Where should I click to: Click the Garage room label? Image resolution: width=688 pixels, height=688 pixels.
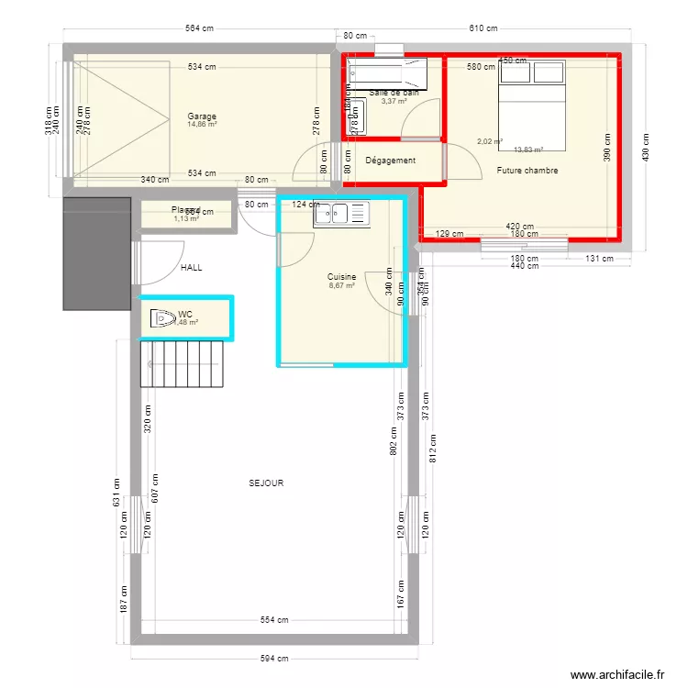[202, 117]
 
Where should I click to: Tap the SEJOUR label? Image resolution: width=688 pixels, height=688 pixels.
[266, 483]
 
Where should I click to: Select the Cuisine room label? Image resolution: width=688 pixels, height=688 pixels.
[341, 276]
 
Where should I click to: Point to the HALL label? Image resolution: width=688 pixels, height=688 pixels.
[191, 268]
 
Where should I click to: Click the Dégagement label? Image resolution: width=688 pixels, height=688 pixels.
[390, 161]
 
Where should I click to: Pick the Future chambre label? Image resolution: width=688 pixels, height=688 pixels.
[527, 171]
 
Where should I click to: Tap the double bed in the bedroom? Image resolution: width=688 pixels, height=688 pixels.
[532, 103]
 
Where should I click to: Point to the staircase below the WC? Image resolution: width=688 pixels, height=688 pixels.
[182, 364]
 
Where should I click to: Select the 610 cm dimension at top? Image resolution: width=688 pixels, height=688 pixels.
[483, 28]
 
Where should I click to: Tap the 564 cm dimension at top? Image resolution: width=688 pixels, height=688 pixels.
[199, 28]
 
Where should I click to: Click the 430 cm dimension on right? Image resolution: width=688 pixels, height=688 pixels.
[646, 146]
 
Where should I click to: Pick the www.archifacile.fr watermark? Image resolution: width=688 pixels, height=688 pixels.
[617, 675]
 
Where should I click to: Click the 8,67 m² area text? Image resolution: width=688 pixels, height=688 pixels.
[341, 285]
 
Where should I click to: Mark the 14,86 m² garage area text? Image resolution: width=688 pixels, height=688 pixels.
[202, 125]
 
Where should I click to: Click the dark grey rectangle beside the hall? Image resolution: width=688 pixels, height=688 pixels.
[97, 251]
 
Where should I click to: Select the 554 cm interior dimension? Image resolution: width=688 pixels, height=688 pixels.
[273, 620]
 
